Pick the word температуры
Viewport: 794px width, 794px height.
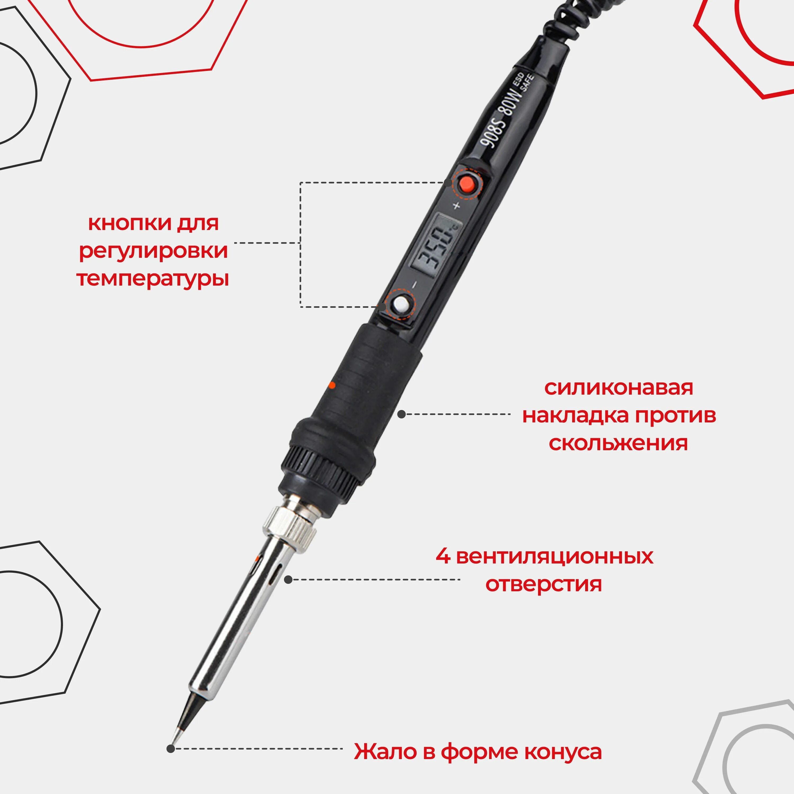(x=152, y=279)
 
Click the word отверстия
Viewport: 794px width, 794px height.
(x=543, y=584)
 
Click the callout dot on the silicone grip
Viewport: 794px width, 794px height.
(x=401, y=414)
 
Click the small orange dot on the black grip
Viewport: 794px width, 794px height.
(x=332, y=385)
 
